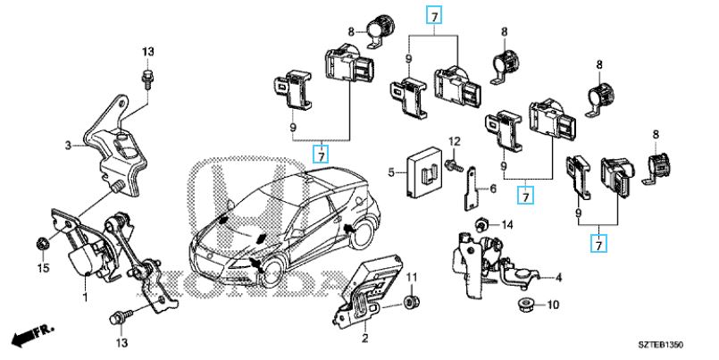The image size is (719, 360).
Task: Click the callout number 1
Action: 85,297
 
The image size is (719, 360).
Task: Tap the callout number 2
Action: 364,338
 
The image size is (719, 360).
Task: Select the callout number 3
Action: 68,143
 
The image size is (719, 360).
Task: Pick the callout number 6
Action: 490,188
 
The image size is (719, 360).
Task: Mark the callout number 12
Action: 454,142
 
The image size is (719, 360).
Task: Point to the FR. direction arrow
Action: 29,337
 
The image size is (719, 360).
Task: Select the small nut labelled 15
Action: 41,243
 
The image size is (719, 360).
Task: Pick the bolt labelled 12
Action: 455,163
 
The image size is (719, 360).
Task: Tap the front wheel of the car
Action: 264,277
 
